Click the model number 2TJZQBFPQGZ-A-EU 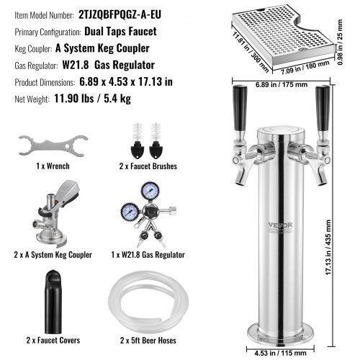(x=120, y=14)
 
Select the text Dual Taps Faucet (x=120, y=32)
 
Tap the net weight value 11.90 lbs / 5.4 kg (x=93, y=99)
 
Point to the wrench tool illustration (x=53, y=145)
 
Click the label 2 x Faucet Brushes (x=148, y=166)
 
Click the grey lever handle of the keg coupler (x=68, y=191)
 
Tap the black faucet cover (x=53, y=302)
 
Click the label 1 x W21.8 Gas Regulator (x=148, y=255)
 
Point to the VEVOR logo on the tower (x=280, y=225)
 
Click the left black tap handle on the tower (x=240, y=109)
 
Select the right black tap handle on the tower (x=323, y=109)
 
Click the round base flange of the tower (x=281, y=336)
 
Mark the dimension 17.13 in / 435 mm (x=328, y=247)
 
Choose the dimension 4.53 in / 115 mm (x=280, y=354)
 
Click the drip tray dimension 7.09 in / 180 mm (x=305, y=68)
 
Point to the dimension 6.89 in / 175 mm (x=282, y=84)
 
